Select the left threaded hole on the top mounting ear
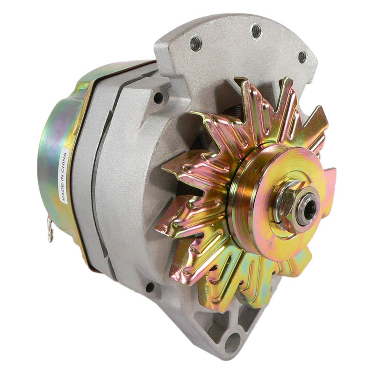[x=195, y=44]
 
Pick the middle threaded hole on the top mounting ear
[x=256, y=31]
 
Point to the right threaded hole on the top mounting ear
[x=302, y=57]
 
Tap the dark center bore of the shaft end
[x=309, y=209]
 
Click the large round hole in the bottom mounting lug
[x=232, y=344]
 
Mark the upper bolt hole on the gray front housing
[x=158, y=97]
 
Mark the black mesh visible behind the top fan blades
[x=229, y=110]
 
